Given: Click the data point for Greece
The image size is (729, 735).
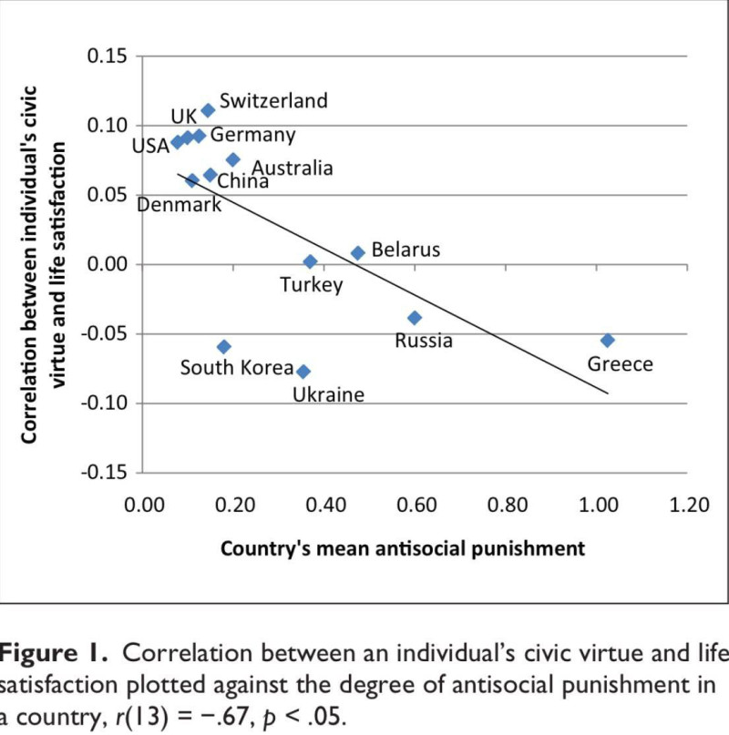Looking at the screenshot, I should pos(608,340).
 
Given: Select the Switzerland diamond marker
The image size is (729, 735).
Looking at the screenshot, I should pos(208,110).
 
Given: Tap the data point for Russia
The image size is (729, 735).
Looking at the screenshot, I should pos(415,317).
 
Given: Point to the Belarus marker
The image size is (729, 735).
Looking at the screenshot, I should pos(358,252).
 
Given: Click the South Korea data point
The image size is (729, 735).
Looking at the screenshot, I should pos(224,346).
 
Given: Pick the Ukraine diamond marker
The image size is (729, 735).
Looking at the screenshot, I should pos(303,371).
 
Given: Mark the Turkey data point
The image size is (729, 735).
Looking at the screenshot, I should pos(310,261).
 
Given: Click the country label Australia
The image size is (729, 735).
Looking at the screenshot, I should pos(292,168).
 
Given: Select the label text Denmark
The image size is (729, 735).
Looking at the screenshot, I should pos(179,205).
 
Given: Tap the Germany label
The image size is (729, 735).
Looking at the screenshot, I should pos(252,136).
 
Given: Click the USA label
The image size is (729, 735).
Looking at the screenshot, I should pos(151,144).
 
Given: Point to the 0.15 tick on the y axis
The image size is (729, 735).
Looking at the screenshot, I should pos(107,56).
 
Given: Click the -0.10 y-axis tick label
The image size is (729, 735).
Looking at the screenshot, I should pos(104,403).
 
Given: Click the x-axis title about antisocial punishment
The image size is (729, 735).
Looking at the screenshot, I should pos(402,548).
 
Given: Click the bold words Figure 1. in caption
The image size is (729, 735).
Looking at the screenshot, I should pos(55,653).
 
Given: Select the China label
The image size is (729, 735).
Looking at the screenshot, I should pos(242,181).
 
